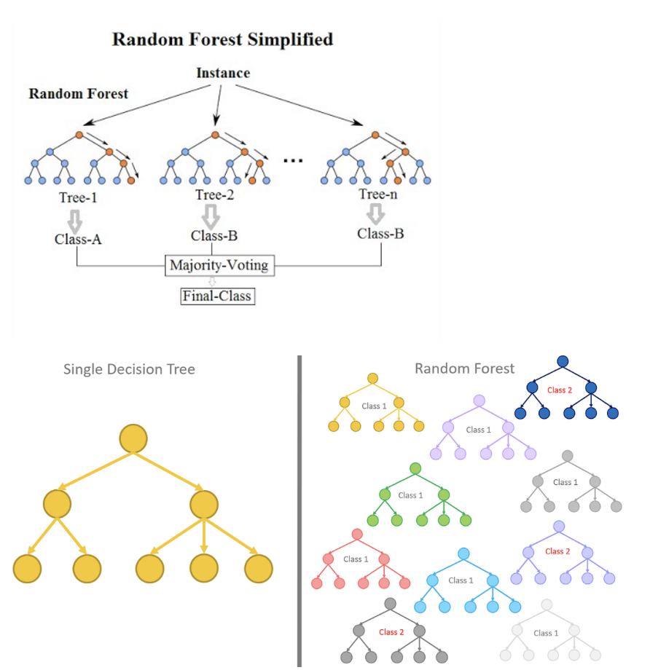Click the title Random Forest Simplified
(x=222, y=39)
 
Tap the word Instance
(x=223, y=73)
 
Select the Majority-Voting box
(x=220, y=265)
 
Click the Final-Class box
(x=218, y=296)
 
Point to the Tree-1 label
(x=78, y=197)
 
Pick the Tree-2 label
(x=215, y=195)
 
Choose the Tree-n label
(x=378, y=194)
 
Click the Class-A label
(x=78, y=240)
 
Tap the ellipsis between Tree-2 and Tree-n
(x=293, y=161)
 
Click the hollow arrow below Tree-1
(x=75, y=221)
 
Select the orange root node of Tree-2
(x=215, y=135)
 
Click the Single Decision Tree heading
(x=129, y=369)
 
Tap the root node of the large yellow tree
(x=133, y=438)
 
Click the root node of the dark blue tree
(x=563, y=361)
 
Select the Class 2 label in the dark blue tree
(x=560, y=390)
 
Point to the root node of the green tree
(x=415, y=468)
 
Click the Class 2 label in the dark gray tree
(x=391, y=632)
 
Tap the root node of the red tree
(x=357, y=534)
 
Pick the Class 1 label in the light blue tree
(x=461, y=580)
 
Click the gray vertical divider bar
(x=299, y=511)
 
